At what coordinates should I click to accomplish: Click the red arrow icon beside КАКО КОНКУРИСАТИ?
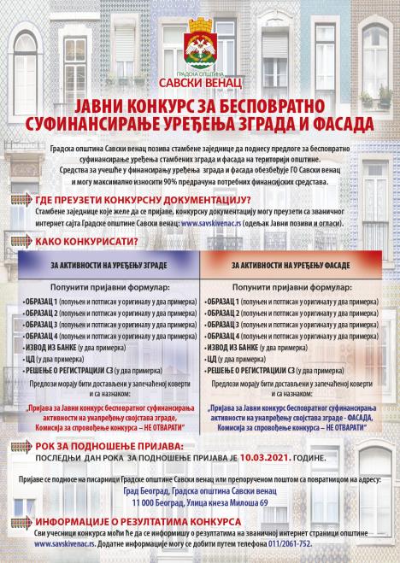click(x=27, y=242)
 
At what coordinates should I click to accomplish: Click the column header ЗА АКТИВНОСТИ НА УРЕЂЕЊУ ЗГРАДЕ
click(x=111, y=267)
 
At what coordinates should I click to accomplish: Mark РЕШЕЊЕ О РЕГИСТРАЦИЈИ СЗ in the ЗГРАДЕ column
click(x=109, y=371)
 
